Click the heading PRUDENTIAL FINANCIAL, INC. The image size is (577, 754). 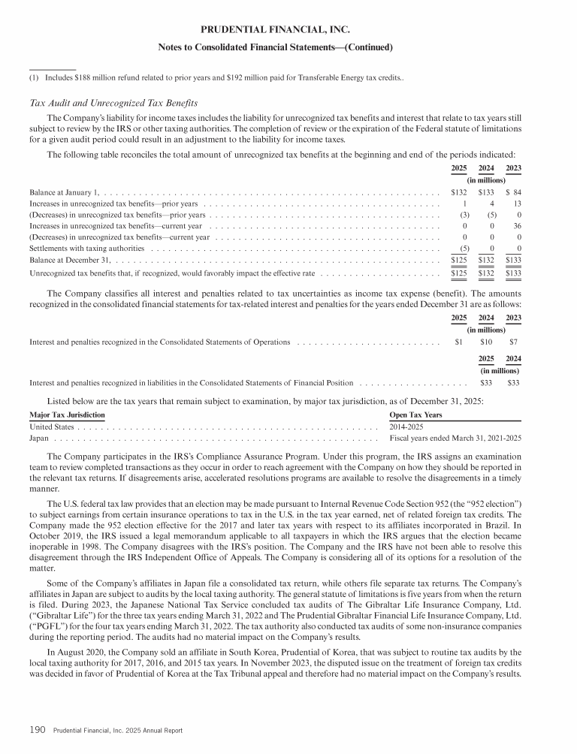pos(276,30)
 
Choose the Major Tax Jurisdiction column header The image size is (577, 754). pos(67,415)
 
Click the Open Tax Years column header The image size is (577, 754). pos(415,415)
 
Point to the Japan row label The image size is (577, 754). pos(39,438)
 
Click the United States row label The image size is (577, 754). pos(51,427)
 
